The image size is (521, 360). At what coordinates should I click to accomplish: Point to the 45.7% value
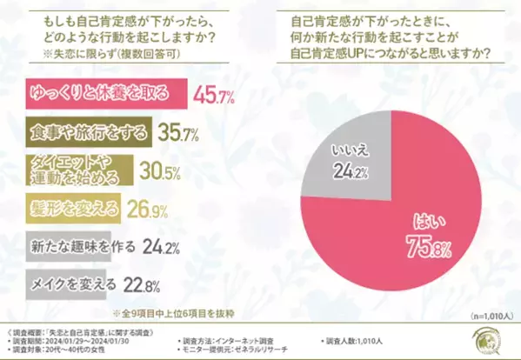pos(213,95)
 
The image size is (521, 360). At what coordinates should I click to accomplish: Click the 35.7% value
pos(177,134)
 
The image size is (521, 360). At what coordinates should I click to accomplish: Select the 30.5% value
pos(161,171)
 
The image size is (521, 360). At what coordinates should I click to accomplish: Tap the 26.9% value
pos(146,210)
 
